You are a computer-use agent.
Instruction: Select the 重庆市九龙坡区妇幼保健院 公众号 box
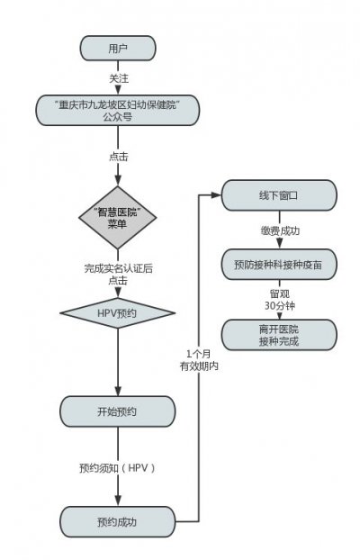[x=117, y=111]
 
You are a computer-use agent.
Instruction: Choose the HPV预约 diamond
[x=117, y=313]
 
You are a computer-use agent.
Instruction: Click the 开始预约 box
[x=117, y=411]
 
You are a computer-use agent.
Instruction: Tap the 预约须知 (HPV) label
[x=117, y=468]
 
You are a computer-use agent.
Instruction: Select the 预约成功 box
[x=117, y=520]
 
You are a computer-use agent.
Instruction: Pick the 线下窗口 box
[x=278, y=194]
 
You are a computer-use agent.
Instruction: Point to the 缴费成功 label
[x=278, y=230]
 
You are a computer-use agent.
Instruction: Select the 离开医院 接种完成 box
[x=278, y=336]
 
